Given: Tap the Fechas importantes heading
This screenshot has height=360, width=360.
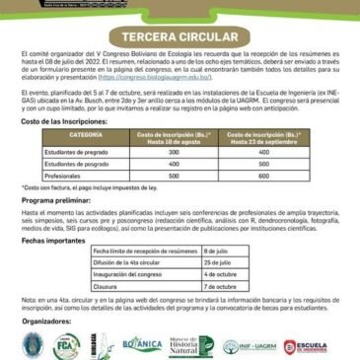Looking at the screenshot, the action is pos(48,240).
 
